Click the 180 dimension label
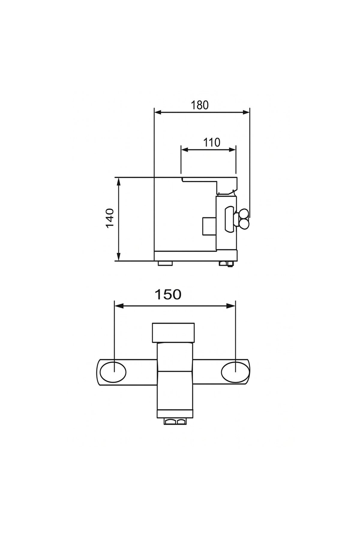click(200, 105)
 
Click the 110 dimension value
click(212, 142)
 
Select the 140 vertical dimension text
click(110, 218)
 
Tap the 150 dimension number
click(168, 295)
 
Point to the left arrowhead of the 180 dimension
click(158, 112)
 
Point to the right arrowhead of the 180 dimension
click(246, 112)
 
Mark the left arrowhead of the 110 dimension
click(185, 150)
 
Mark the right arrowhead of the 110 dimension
click(232, 150)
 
